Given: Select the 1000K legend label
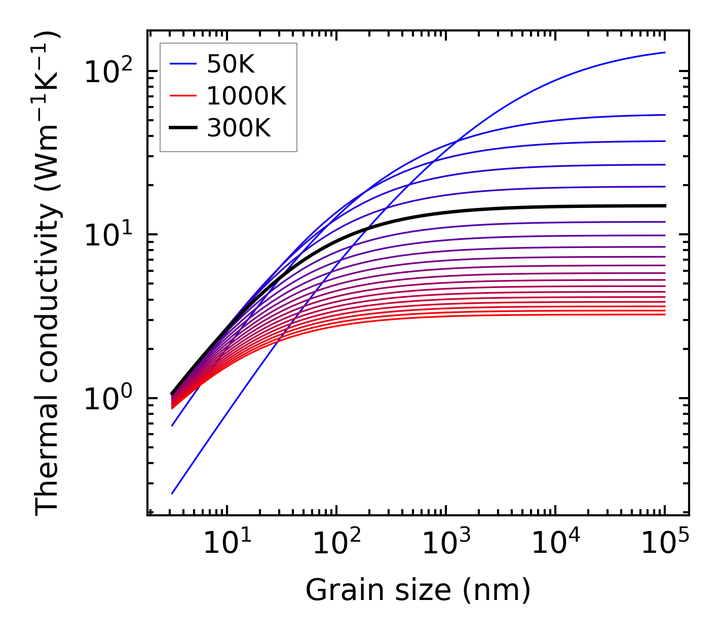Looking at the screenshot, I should coord(246,96).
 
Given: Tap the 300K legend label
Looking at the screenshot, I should coord(239,128).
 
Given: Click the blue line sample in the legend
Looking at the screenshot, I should coord(183,64).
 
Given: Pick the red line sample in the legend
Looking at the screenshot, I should coord(183,96).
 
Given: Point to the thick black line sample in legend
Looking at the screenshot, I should coord(183,128).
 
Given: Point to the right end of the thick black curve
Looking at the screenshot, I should coord(665,206).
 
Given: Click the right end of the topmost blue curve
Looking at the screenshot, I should coord(665,52).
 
